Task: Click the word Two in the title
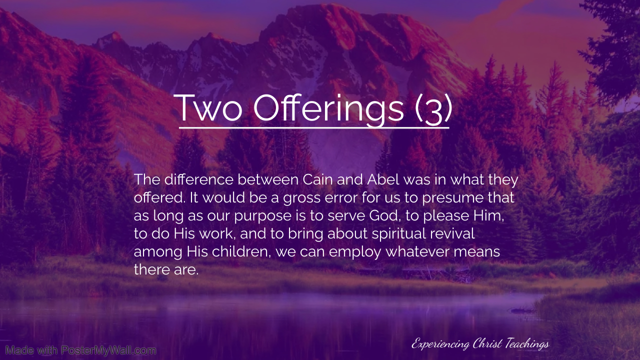click(x=208, y=108)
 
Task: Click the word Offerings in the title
click(x=328, y=109)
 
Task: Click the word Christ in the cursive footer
click(x=487, y=343)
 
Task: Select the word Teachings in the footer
click(x=527, y=344)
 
